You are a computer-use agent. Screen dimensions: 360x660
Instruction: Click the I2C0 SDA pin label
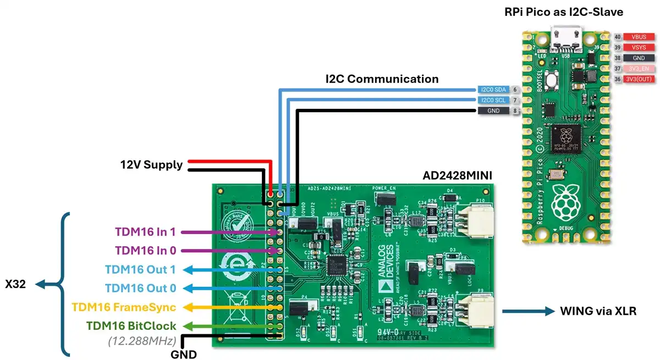click(x=493, y=90)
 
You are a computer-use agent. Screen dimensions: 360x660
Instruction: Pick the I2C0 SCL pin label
click(x=493, y=100)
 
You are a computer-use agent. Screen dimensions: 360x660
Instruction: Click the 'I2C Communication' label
click(x=382, y=79)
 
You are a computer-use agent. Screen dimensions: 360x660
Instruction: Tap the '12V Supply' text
click(x=151, y=164)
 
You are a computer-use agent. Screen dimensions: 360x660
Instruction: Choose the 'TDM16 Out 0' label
click(x=141, y=288)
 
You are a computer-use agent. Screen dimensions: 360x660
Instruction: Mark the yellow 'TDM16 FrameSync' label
click(x=124, y=307)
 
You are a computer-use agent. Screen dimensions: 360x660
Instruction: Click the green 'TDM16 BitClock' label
click(x=131, y=325)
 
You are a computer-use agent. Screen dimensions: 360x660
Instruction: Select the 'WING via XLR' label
click(x=598, y=311)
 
